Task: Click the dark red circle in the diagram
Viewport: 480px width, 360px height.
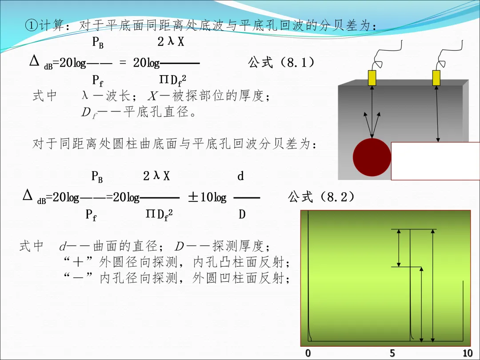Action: click(372, 157)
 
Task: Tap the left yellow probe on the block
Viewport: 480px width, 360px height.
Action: click(372, 78)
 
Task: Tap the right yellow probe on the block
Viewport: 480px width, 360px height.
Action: click(436, 78)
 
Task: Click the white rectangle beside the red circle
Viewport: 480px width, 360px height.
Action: click(435, 161)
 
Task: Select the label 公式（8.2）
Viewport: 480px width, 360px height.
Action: click(321, 197)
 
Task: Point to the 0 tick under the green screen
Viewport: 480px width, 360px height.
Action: click(308, 353)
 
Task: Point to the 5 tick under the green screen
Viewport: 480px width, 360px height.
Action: click(392, 353)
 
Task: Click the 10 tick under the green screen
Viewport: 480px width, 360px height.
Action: click(467, 353)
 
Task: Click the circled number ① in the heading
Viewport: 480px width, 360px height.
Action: click(31, 25)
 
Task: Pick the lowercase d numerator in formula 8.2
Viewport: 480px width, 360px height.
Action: click(240, 176)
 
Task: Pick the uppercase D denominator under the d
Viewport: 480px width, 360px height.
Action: click(242, 215)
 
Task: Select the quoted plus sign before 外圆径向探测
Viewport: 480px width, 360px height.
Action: click(80, 262)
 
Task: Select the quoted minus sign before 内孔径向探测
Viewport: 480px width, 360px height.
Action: click(80, 279)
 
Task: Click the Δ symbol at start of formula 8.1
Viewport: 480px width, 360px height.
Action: click(35, 61)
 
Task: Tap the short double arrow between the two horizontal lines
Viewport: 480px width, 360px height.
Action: click(399, 248)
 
